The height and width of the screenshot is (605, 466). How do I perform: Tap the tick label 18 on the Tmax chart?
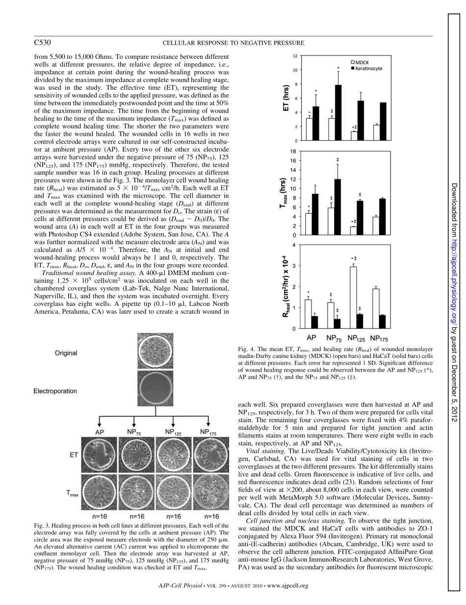point(294,151)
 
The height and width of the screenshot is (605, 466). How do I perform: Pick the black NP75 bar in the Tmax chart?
point(338,207)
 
